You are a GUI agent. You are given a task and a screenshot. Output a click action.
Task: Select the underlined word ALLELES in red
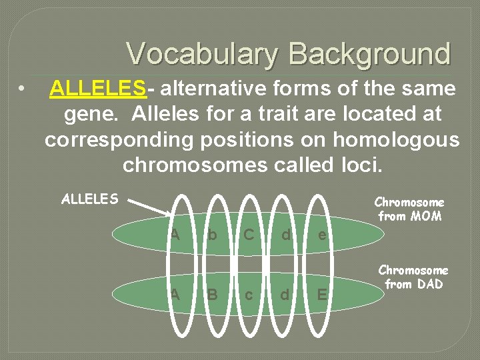click(x=97, y=88)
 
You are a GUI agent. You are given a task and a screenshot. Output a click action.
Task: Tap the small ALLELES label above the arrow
click(x=89, y=199)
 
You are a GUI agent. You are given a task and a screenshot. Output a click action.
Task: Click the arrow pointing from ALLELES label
click(x=149, y=207)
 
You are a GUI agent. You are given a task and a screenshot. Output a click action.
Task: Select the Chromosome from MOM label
click(x=409, y=209)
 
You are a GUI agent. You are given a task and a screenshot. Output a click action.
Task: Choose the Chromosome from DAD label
click(x=413, y=277)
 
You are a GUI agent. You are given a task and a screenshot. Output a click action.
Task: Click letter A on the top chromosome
click(x=175, y=234)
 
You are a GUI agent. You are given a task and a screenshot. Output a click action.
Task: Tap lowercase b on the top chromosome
click(x=212, y=235)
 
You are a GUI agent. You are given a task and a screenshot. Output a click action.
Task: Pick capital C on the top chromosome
click(x=248, y=234)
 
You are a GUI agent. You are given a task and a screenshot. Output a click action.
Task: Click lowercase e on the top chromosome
click(x=322, y=235)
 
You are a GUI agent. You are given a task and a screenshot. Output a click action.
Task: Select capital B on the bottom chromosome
click(x=213, y=294)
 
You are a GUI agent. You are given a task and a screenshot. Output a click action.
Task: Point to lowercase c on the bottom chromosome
click(x=249, y=295)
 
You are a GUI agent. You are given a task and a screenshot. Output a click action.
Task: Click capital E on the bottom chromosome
click(x=322, y=294)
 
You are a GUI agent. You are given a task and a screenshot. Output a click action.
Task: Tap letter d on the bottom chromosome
click(x=285, y=294)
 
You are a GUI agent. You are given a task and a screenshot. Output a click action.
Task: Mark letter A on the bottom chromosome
click(x=175, y=294)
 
